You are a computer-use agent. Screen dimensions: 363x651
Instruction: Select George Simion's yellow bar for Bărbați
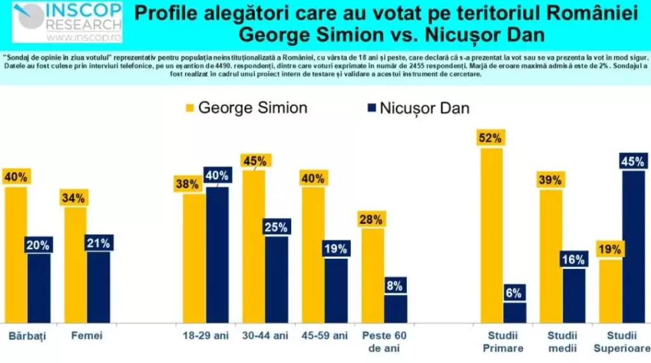(x=15, y=254)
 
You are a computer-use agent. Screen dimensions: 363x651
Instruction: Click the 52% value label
(x=491, y=138)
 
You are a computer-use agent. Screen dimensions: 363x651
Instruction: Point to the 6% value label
(x=514, y=293)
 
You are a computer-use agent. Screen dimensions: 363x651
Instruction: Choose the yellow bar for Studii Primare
(x=491, y=235)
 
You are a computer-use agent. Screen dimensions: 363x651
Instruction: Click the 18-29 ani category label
(x=200, y=335)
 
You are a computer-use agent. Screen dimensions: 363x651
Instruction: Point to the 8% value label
(x=395, y=285)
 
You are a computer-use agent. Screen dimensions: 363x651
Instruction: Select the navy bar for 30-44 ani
(x=277, y=279)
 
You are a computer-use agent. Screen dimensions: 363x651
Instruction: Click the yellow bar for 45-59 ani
(x=313, y=254)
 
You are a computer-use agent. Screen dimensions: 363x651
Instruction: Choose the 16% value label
(x=573, y=259)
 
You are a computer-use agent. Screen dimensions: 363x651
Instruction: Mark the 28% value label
(x=372, y=219)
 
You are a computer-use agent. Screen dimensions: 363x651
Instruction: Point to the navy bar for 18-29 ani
(x=217, y=254)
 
